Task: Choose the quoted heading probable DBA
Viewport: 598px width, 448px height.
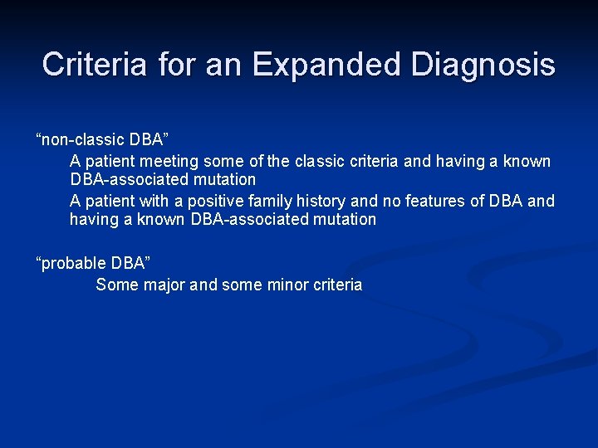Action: pos(92,263)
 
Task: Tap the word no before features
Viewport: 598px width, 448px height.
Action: pos(390,201)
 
